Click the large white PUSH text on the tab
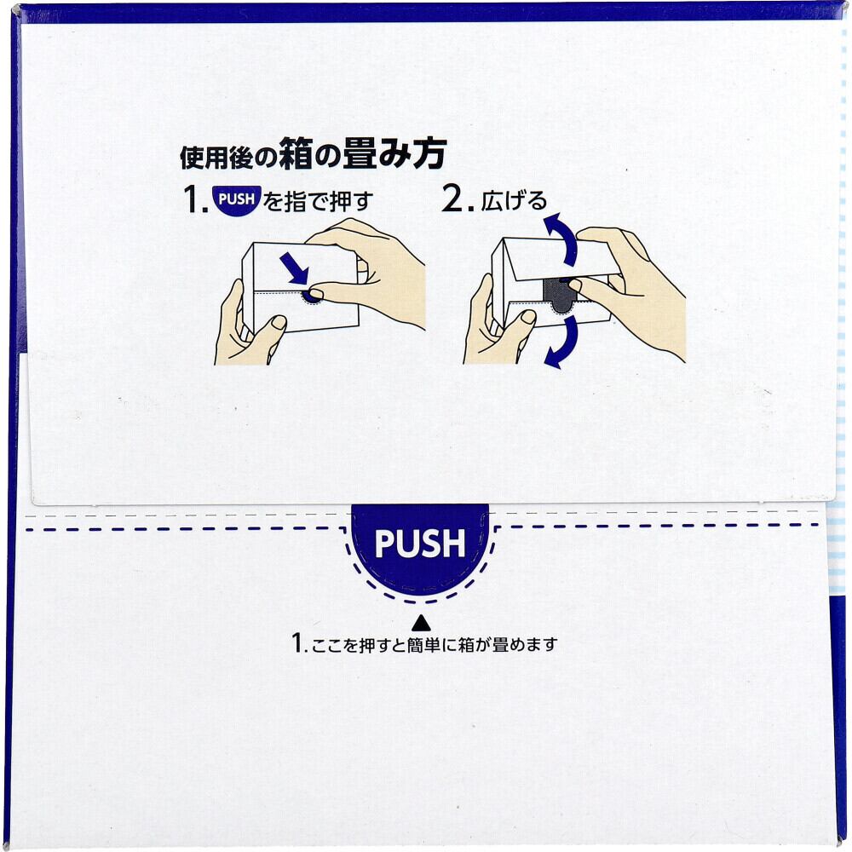click(x=420, y=543)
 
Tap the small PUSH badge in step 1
click(x=237, y=199)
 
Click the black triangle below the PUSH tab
click(x=421, y=623)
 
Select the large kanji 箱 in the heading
click(x=296, y=153)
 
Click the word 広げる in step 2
click(x=514, y=202)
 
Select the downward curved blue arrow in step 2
click(x=562, y=343)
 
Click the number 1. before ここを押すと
click(x=299, y=643)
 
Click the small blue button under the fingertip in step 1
click(x=311, y=296)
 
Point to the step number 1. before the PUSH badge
click(x=196, y=199)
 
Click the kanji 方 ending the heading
click(x=429, y=153)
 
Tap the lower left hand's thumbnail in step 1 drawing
click(x=279, y=322)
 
